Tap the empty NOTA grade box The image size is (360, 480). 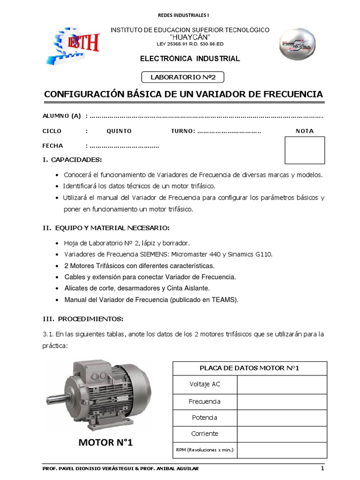coord(305,150)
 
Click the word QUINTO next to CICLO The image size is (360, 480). coord(119,131)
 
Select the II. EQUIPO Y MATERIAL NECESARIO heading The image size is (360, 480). coord(106,228)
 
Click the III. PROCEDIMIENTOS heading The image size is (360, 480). coord(83,319)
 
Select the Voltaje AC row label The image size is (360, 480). coord(205,384)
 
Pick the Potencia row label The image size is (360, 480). coord(205,418)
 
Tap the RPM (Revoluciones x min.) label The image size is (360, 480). coord(205,450)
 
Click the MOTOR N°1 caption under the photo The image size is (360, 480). coord(105,442)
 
